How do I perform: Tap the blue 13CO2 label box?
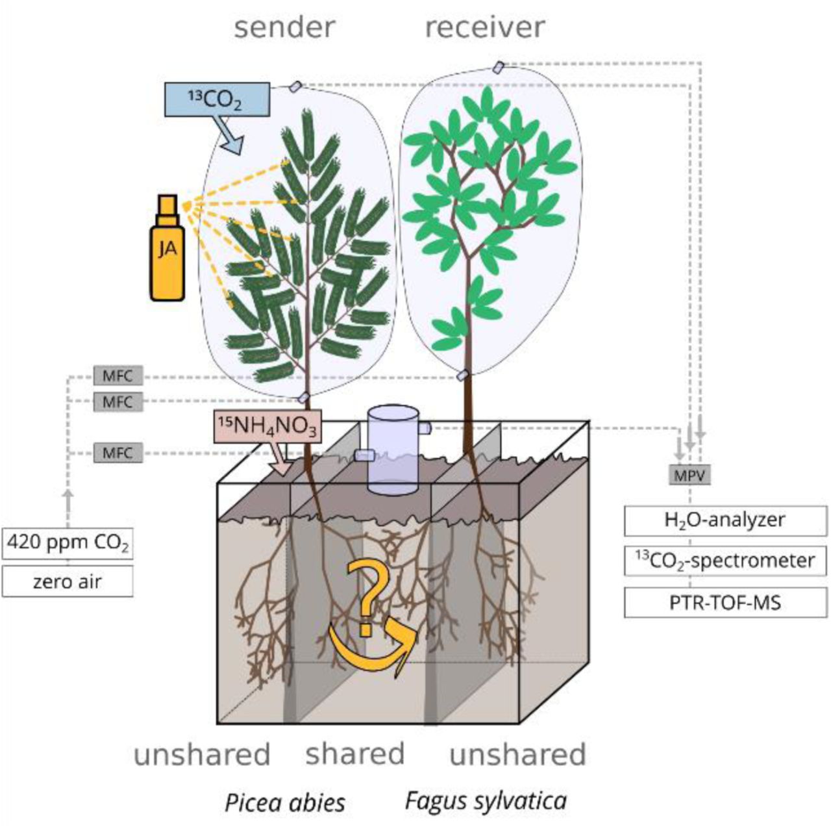(216, 99)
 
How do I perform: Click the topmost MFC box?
(118, 376)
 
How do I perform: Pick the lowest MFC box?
(118, 453)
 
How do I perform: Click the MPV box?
(689, 475)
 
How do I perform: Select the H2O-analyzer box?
(725, 520)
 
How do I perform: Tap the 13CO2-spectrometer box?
(725, 561)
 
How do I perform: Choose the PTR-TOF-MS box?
(725, 602)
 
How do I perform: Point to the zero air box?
(68, 581)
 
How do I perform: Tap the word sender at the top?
(284, 28)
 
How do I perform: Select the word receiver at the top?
(484, 28)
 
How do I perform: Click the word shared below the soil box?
(354, 754)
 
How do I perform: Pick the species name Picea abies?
(284, 802)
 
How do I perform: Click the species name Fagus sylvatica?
(486, 801)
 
